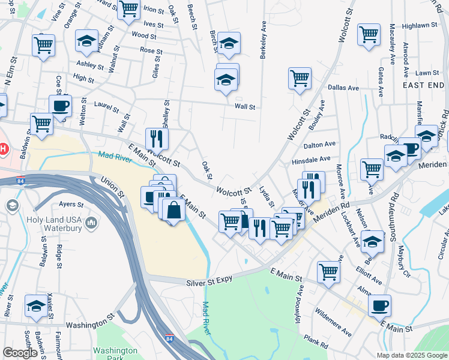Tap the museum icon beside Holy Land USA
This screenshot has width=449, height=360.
click(x=91, y=224)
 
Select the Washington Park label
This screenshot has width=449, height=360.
click(x=116, y=354)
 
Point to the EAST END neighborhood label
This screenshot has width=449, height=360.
click(x=423, y=86)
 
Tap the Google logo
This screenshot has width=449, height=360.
click(x=20, y=353)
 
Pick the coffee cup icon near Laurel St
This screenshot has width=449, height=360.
click(x=60, y=106)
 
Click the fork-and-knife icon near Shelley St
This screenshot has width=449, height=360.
click(x=157, y=139)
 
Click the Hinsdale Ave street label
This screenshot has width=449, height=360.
click(x=311, y=160)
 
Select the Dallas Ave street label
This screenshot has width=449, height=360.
click(x=343, y=88)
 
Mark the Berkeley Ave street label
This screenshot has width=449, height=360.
click(x=262, y=40)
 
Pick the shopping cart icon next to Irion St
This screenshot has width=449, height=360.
click(x=128, y=10)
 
